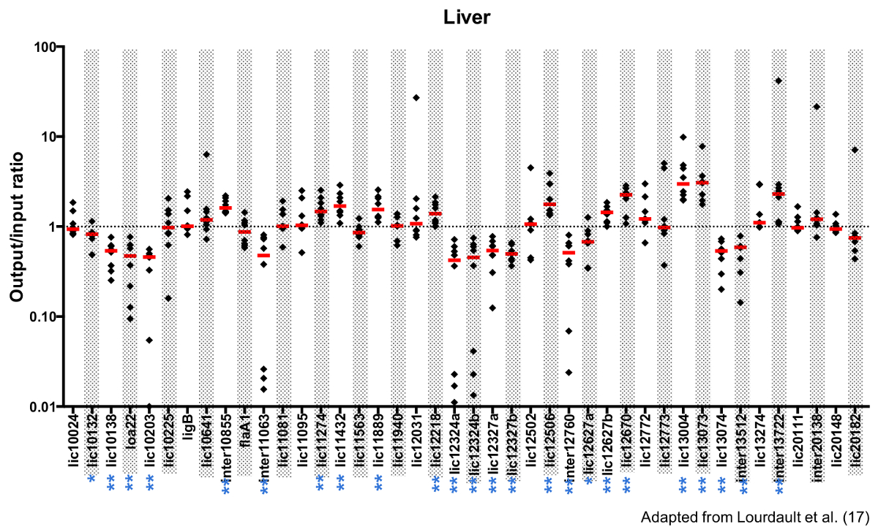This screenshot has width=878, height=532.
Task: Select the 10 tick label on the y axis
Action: pos(50,137)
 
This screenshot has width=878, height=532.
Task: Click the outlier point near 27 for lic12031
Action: pos(416,97)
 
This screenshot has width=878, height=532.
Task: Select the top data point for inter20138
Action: pos(817,107)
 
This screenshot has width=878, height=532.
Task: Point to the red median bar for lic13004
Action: pos(683,184)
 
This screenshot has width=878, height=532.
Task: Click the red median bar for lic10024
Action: pos(73,229)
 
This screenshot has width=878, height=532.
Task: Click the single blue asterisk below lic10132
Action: pos(91,479)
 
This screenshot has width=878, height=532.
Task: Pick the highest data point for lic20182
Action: pos(855,150)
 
